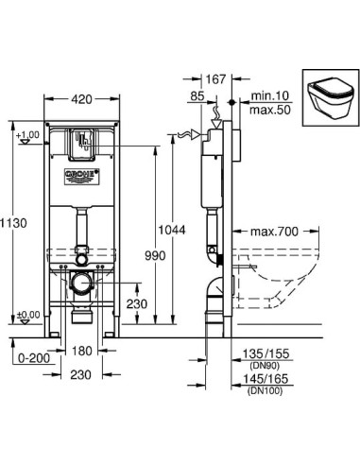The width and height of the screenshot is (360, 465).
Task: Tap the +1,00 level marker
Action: pos(27,135)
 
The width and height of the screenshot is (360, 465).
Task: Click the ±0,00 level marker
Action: pos(27,314)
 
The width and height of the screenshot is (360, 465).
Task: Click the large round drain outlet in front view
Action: pos(83,282)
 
